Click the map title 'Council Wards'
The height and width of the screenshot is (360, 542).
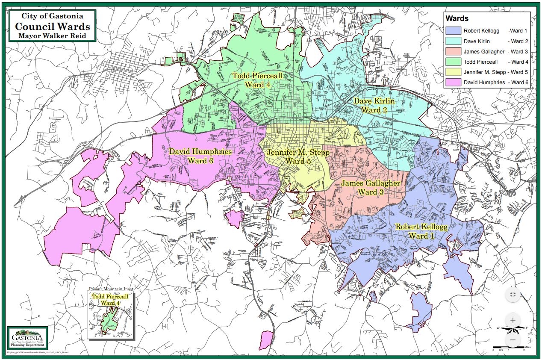tap(52, 26)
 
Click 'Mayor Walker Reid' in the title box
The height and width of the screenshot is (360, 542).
tap(52, 36)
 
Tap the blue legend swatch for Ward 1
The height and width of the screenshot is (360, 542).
tap(453, 31)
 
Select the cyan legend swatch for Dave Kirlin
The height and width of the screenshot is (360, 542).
tap(453, 41)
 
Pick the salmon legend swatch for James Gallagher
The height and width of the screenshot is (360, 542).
tap(453, 52)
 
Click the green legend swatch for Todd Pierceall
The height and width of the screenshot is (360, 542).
tap(453, 62)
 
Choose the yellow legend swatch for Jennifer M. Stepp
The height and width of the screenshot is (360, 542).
tap(453, 72)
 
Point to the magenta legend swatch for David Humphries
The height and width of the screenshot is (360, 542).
tap(453, 82)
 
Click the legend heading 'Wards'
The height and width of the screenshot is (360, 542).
tap(457, 19)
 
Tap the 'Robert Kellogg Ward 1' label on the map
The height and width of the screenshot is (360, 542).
tap(421, 231)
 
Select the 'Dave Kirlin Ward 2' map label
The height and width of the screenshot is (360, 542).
tap(374, 106)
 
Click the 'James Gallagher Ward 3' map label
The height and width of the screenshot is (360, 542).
tap(370, 188)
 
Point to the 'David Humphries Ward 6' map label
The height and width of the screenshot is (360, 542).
tap(200, 156)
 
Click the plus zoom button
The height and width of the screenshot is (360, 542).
tap(513, 320)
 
